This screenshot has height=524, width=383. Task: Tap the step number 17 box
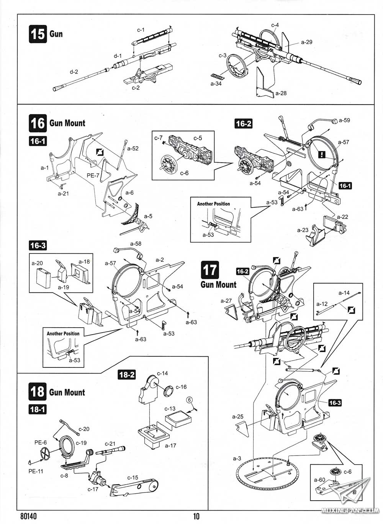(x=210, y=270)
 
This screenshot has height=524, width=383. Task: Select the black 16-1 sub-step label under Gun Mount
(x=38, y=141)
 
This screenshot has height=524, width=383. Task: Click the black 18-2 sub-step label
(x=126, y=375)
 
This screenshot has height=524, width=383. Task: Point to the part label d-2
(x=74, y=72)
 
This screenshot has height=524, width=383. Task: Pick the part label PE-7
(x=93, y=175)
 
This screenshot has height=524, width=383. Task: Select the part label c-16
(x=181, y=387)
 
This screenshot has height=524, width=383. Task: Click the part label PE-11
(x=36, y=471)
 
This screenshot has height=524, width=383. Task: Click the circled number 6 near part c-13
(x=189, y=400)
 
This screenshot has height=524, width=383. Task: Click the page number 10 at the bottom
(x=196, y=516)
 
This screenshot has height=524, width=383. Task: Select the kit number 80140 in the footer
(x=29, y=516)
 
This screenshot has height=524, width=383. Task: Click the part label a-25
(x=237, y=416)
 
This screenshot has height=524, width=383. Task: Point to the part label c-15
(x=133, y=478)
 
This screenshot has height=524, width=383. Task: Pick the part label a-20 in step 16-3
(x=37, y=263)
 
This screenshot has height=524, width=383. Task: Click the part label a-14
(x=344, y=293)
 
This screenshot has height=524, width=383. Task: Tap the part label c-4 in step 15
(x=275, y=25)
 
